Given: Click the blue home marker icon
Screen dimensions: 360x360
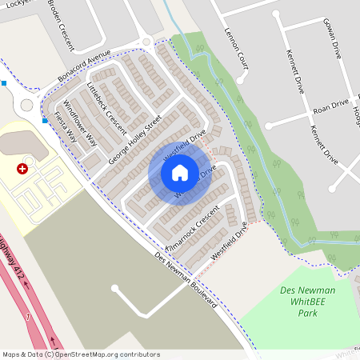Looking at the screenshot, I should [x=180, y=172].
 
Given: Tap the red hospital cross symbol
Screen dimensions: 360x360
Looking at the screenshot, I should [x=22, y=170].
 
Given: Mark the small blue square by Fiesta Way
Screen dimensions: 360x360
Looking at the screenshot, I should [x=46, y=120].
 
